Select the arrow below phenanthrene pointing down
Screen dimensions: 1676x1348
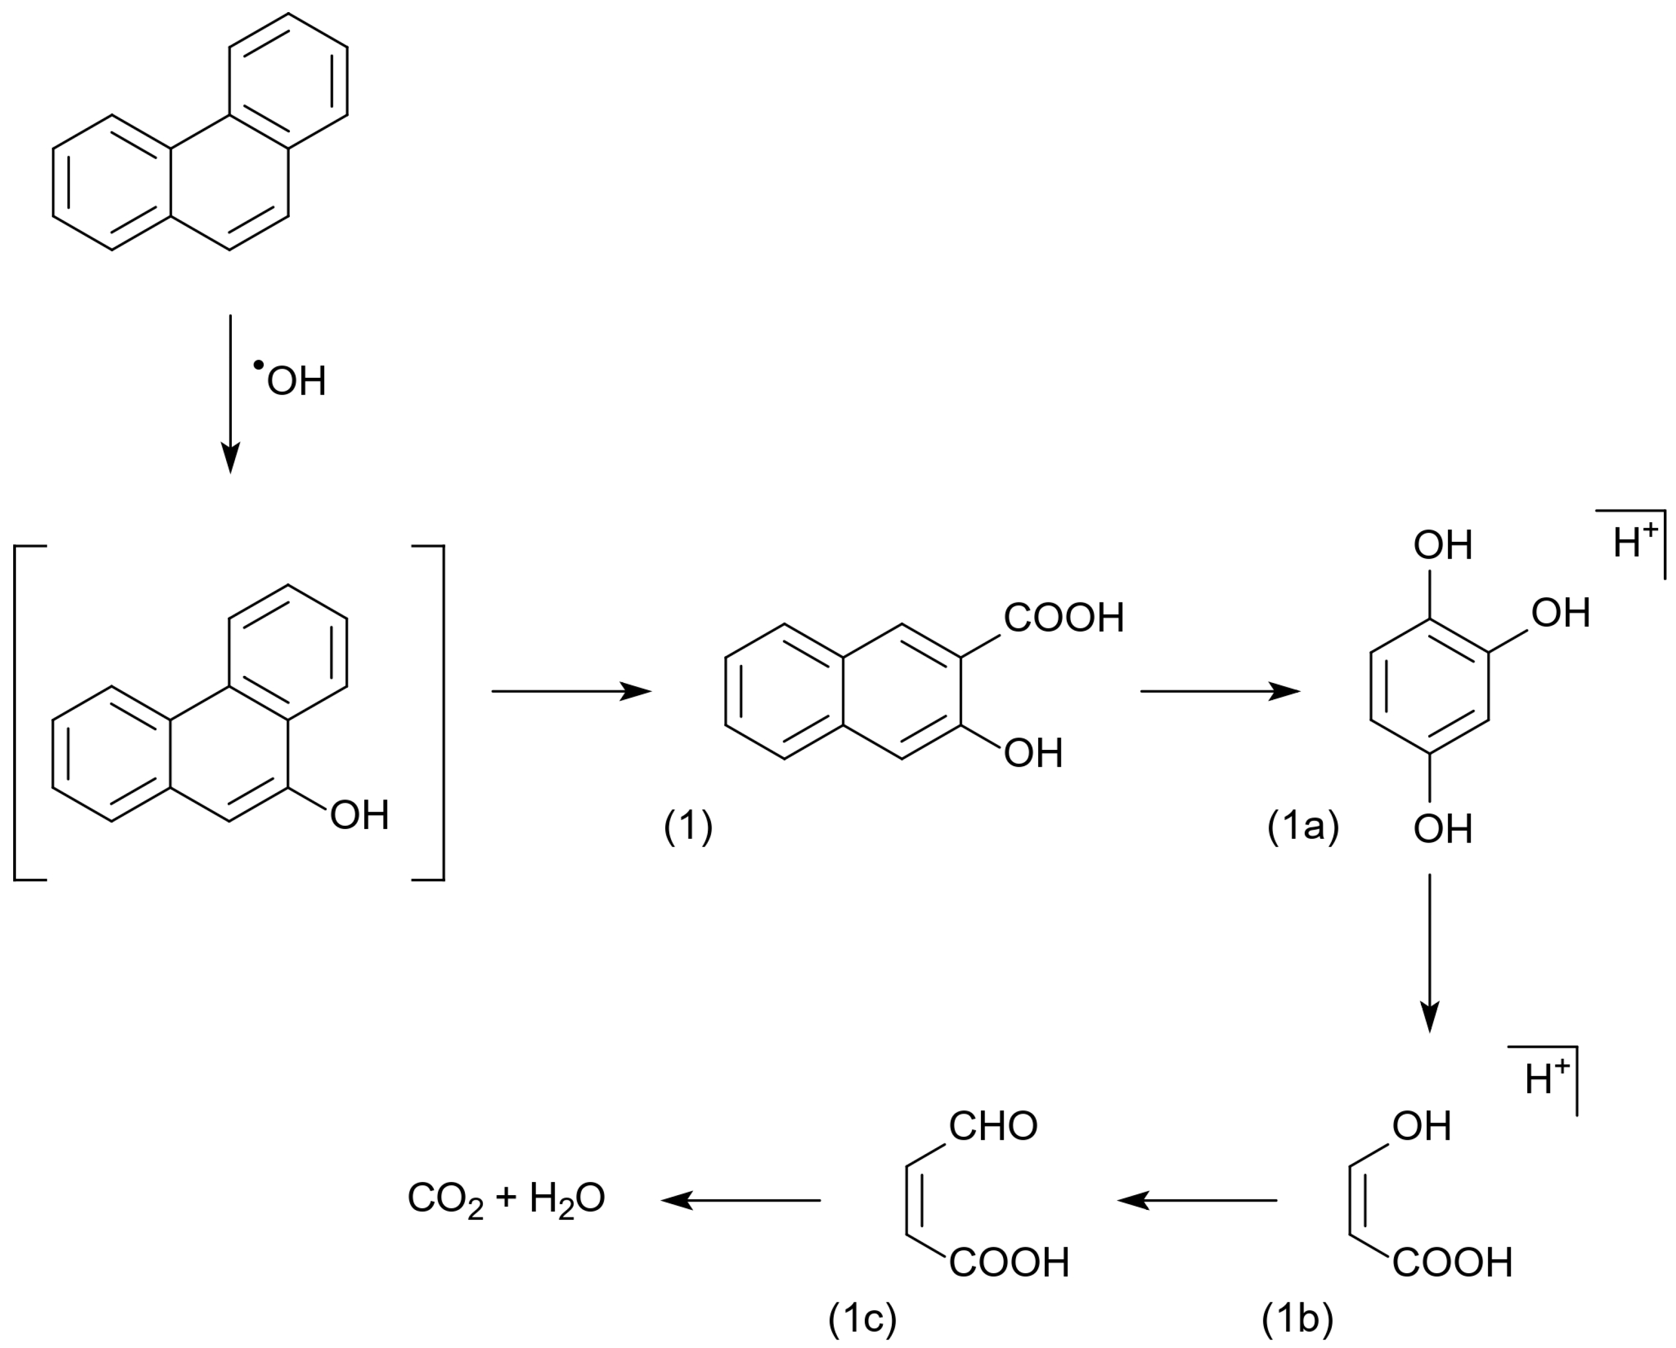click(x=230, y=393)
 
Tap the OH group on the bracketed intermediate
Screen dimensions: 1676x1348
click(x=359, y=815)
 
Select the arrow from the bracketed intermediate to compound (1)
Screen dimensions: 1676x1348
click(x=571, y=690)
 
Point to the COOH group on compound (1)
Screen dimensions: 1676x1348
click(x=1064, y=618)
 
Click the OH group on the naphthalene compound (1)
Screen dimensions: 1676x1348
click(x=1033, y=753)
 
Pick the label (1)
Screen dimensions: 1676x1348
click(x=688, y=827)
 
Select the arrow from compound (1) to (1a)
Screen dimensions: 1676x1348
click(x=1220, y=690)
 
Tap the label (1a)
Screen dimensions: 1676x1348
click(x=1303, y=827)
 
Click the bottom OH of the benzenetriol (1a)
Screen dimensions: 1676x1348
click(x=1443, y=829)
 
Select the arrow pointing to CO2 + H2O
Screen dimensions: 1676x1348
click(x=741, y=1200)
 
